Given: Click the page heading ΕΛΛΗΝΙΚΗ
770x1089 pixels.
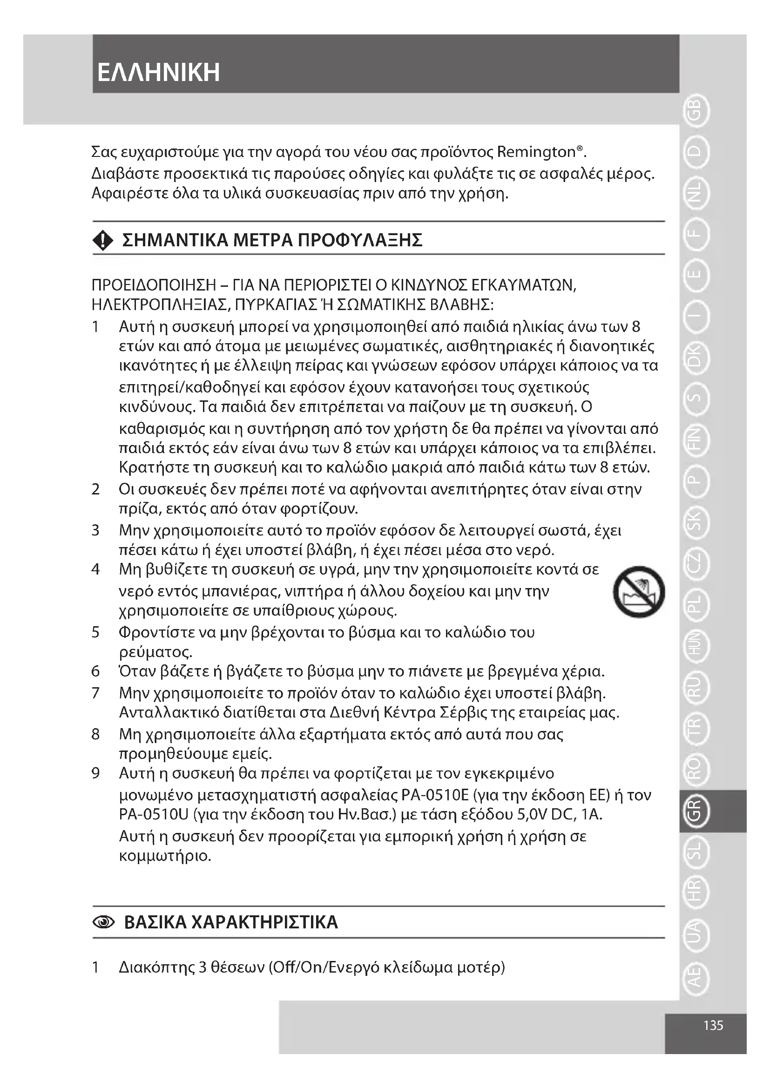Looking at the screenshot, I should click(x=158, y=73).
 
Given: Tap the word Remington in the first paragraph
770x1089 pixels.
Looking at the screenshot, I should click(x=536, y=152).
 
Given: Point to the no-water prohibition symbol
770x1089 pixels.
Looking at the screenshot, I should click(x=639, y=591).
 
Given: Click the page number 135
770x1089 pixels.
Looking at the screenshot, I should click(x=713, y=1025).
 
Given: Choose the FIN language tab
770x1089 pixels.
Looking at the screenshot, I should click(x=696, y=440).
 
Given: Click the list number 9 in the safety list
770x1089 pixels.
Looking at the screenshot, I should click(x=96, y=774).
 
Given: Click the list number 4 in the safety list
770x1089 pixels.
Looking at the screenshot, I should click(x=96, y=569).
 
